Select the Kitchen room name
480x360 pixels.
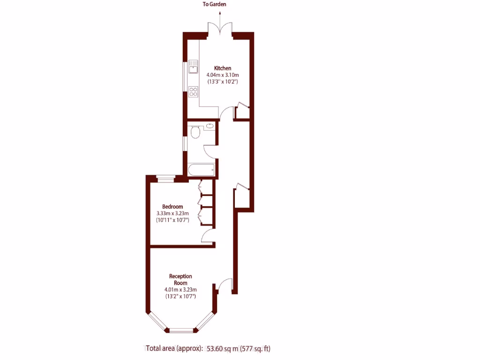pos(223,68)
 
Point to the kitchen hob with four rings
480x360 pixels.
pos(193,91)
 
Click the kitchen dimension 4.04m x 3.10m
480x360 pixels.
pos(223,75)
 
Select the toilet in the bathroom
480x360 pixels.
pos(195,132)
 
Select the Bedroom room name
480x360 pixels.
pos(172,207)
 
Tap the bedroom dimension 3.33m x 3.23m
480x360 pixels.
pos(172,213)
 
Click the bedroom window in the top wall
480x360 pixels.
pos(165,178)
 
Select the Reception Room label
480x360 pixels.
pos(180,280)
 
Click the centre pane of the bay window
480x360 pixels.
pos(180,330)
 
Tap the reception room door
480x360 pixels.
pos(225,285)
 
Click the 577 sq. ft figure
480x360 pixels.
pos(255,348)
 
